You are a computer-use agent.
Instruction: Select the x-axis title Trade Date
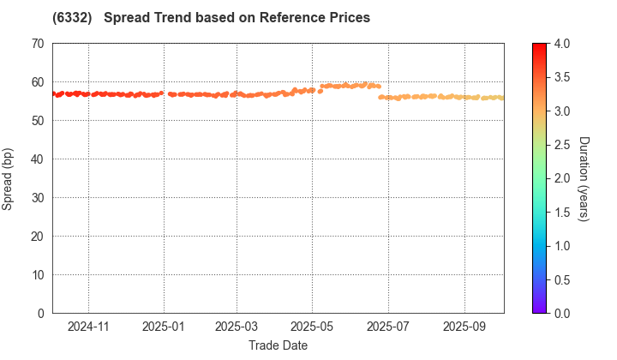(x=278, y=345)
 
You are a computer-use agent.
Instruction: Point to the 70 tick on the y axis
(x=37, y=44)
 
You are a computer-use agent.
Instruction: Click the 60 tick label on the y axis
(x=37, y=82)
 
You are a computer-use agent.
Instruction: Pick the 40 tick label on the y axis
(x=37, y=159)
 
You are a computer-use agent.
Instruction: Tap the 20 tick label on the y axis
(x=37, y=237)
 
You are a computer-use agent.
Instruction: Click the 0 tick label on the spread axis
(x=40, y=314)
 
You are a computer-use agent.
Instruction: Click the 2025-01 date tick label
(x=164, y=327)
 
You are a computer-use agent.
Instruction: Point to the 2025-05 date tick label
(x=311, y=327)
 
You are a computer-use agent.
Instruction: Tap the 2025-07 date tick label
(x=386, y=327)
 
